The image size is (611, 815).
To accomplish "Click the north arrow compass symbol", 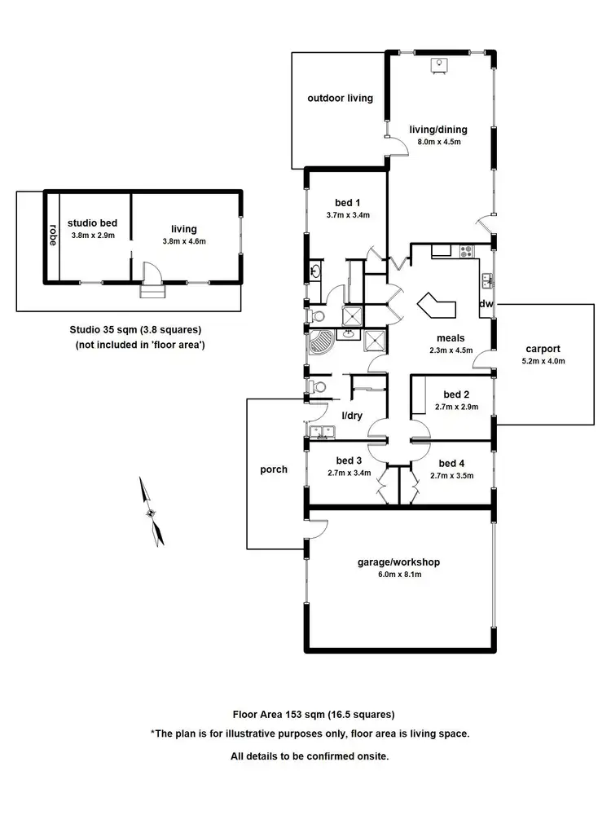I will point(152,513).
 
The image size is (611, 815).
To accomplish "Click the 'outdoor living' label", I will point(340,99).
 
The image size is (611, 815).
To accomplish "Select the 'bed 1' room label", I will point(347,203).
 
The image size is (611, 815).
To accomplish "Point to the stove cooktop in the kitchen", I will point(468,251).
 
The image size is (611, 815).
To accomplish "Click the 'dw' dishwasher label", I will point(486,304).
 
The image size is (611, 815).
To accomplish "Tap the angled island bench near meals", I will point(438,306).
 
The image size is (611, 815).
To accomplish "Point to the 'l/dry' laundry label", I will point(352,416).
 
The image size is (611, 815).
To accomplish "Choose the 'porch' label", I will point(274,469).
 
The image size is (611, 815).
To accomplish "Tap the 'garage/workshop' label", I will point(399,562).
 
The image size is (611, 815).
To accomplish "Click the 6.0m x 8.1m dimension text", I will point(399,574).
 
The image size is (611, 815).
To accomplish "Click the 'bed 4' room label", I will point(451,461).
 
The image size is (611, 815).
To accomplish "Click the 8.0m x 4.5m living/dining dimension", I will point(439,141).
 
